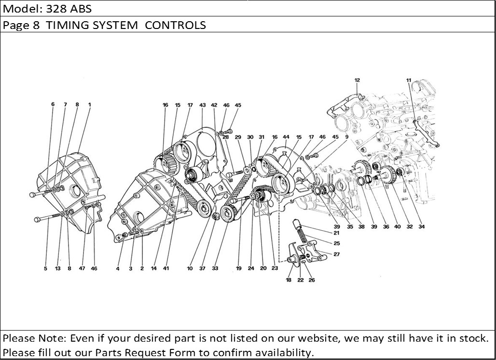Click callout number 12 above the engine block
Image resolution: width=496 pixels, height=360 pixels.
tap(357, 81)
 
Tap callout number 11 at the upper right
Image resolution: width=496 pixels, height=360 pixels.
tap(409, 81)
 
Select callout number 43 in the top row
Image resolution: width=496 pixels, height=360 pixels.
tap(203, 105)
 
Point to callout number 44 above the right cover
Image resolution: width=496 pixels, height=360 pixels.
tap(286, 137)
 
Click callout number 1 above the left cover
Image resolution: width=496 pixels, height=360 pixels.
tap(90, 104)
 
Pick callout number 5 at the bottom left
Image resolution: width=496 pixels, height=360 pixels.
tap(45, 269)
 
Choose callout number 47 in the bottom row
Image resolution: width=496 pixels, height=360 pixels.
tap(82, 269)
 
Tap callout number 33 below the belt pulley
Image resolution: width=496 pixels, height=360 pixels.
tap(215, 269)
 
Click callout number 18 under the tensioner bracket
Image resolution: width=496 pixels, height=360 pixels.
tap(289, 280)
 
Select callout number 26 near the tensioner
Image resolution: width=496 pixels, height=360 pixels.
tap(312, 280)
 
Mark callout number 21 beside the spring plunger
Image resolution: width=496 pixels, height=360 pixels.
tap(336, 233)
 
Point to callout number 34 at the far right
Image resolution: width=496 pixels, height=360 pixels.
tap(422, 227)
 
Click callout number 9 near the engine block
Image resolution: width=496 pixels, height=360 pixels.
tap(347, 137)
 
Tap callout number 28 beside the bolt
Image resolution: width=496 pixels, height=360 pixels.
tap(225, 137)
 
